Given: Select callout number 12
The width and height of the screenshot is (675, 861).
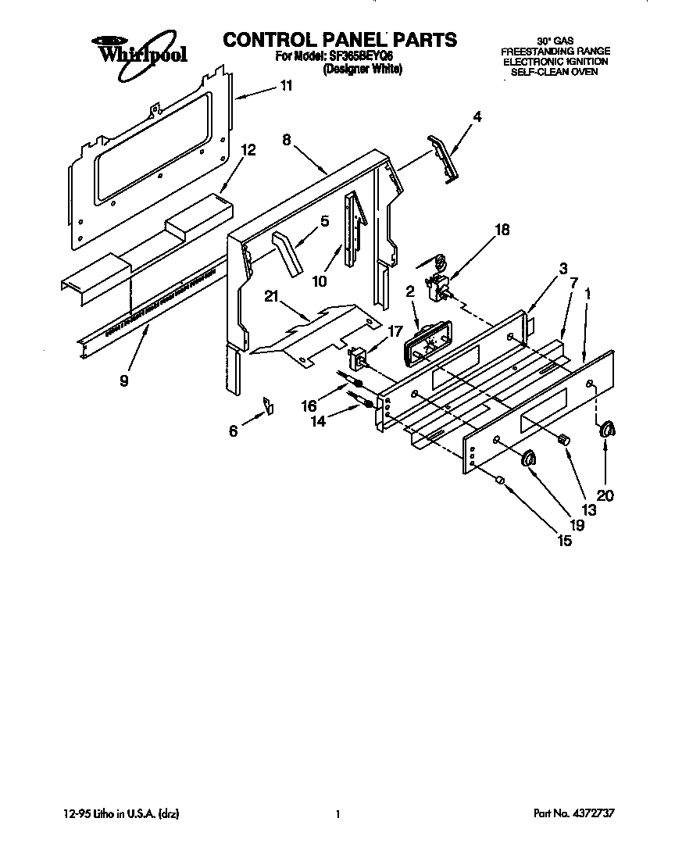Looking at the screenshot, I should click(248, 150).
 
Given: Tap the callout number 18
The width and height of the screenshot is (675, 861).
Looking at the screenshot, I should click(502, 230).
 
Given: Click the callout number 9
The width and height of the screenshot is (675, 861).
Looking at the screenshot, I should click(124, 381).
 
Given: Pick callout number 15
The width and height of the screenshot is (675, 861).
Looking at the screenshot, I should click(564, 540).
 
